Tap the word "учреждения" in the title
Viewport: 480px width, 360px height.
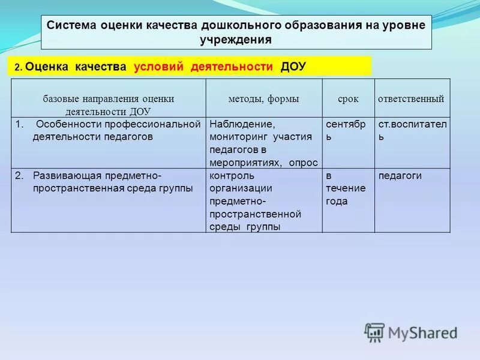[x=236, y=40]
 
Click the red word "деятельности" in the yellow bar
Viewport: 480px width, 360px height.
[x=232, y=67]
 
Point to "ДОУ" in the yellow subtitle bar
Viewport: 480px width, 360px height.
[x=293, y=67]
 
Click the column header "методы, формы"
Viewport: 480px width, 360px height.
[x=263, y=98]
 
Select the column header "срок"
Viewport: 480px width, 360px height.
[x=348, y=98]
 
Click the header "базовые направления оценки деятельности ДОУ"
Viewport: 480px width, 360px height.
[x=109, y=104]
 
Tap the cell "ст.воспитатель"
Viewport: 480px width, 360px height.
[x=412, y=130]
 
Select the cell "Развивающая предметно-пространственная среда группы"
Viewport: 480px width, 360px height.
[x=109, y=182]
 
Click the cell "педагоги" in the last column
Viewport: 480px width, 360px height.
[x=400, y=176]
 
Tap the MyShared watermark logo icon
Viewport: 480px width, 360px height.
[x=374, y=332]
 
